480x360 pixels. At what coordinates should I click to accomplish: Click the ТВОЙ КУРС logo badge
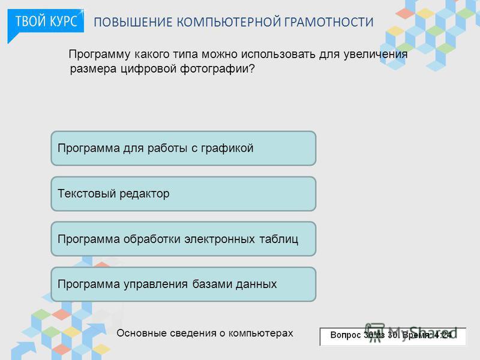coord(46,22)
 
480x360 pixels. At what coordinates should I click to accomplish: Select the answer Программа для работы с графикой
coord(184,148)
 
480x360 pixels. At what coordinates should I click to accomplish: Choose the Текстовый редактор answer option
coord(184,194)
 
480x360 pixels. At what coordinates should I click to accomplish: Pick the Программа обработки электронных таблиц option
coord(184,239)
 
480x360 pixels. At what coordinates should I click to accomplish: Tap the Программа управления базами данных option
coord(184,284)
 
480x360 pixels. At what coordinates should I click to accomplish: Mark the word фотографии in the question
coord(217,69)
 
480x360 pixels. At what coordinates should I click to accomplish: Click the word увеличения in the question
coord(376,55)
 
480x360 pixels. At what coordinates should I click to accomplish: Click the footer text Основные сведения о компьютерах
coord(205,333)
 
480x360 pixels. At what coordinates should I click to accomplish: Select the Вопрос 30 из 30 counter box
coord(393,337)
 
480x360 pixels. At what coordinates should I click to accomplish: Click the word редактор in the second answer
coord(144,194)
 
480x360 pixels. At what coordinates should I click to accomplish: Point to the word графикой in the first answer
coord(227,148)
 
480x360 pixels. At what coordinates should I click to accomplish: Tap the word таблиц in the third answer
coord(279,239)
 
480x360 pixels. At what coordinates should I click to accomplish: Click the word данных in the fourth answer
coord(256,284)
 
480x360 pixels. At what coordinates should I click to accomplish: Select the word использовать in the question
coord(278,55)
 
